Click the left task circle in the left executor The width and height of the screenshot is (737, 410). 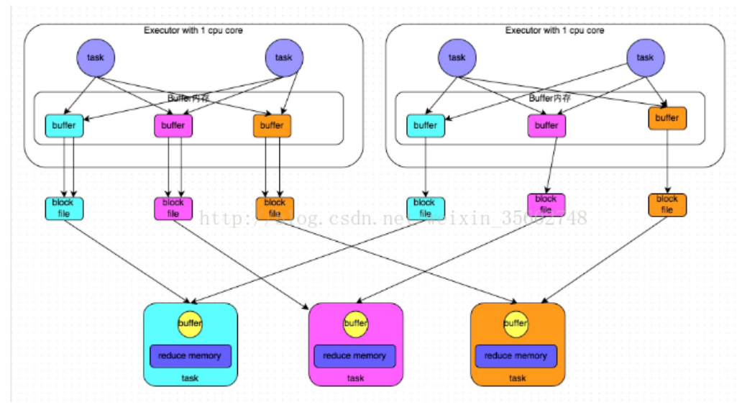point(96,57)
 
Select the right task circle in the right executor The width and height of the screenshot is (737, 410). point(645,57)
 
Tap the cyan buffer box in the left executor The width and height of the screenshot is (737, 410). point(64,125)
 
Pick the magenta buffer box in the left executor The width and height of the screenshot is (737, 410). point(173,125)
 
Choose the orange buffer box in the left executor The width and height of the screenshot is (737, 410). point(271,125)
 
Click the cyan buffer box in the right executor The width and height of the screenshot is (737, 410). point(425,125)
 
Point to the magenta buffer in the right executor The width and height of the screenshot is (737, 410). point(546,125)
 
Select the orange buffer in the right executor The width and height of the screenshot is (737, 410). point(667,118)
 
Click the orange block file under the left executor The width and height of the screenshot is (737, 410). point(274,208)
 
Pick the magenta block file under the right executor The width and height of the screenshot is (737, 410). point(546,204)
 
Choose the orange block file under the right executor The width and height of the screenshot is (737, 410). point(667,204)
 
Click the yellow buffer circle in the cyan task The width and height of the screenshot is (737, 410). point(190,324)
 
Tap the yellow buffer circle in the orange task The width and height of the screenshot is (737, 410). point(516,324)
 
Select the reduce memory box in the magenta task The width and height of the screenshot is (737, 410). point(354,355)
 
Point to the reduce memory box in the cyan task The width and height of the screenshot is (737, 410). point(191,355)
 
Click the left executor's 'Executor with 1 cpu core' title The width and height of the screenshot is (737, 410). point(193,30)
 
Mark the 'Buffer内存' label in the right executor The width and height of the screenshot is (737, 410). point(549,98)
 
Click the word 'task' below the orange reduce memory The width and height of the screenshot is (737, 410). point(517,378)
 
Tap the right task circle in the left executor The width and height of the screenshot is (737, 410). point(284,57)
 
